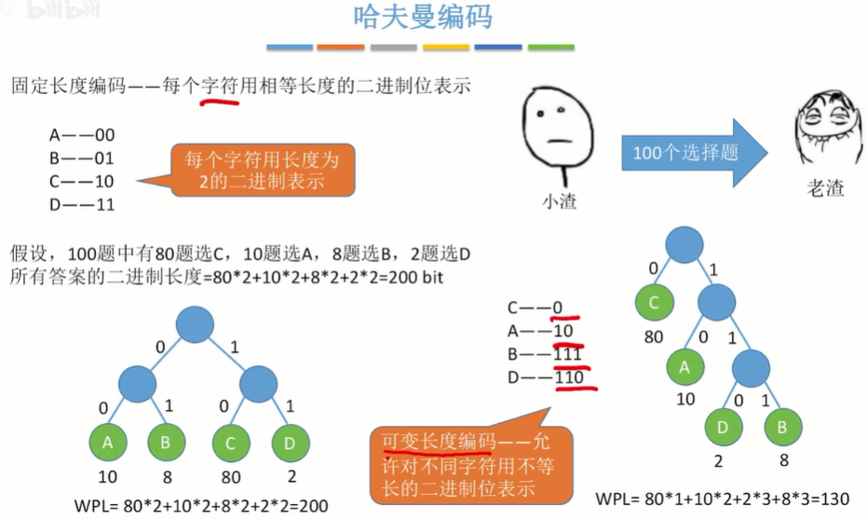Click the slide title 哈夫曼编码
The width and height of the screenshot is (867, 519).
(x=423, y=18)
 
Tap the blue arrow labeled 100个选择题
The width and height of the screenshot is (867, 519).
(x=693, y=152)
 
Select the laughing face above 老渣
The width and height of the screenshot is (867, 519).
(x=825, y=132)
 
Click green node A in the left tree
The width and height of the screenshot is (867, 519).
(x=108, y=444)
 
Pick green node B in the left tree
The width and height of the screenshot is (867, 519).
(x=166, y=444)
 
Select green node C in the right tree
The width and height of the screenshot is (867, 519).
(x=656, y=303)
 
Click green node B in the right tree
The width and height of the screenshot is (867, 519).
(x=783, y=428)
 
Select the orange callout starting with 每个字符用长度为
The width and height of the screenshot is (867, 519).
(x=254, y=171)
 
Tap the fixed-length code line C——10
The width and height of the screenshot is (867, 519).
(x=81, y=181)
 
